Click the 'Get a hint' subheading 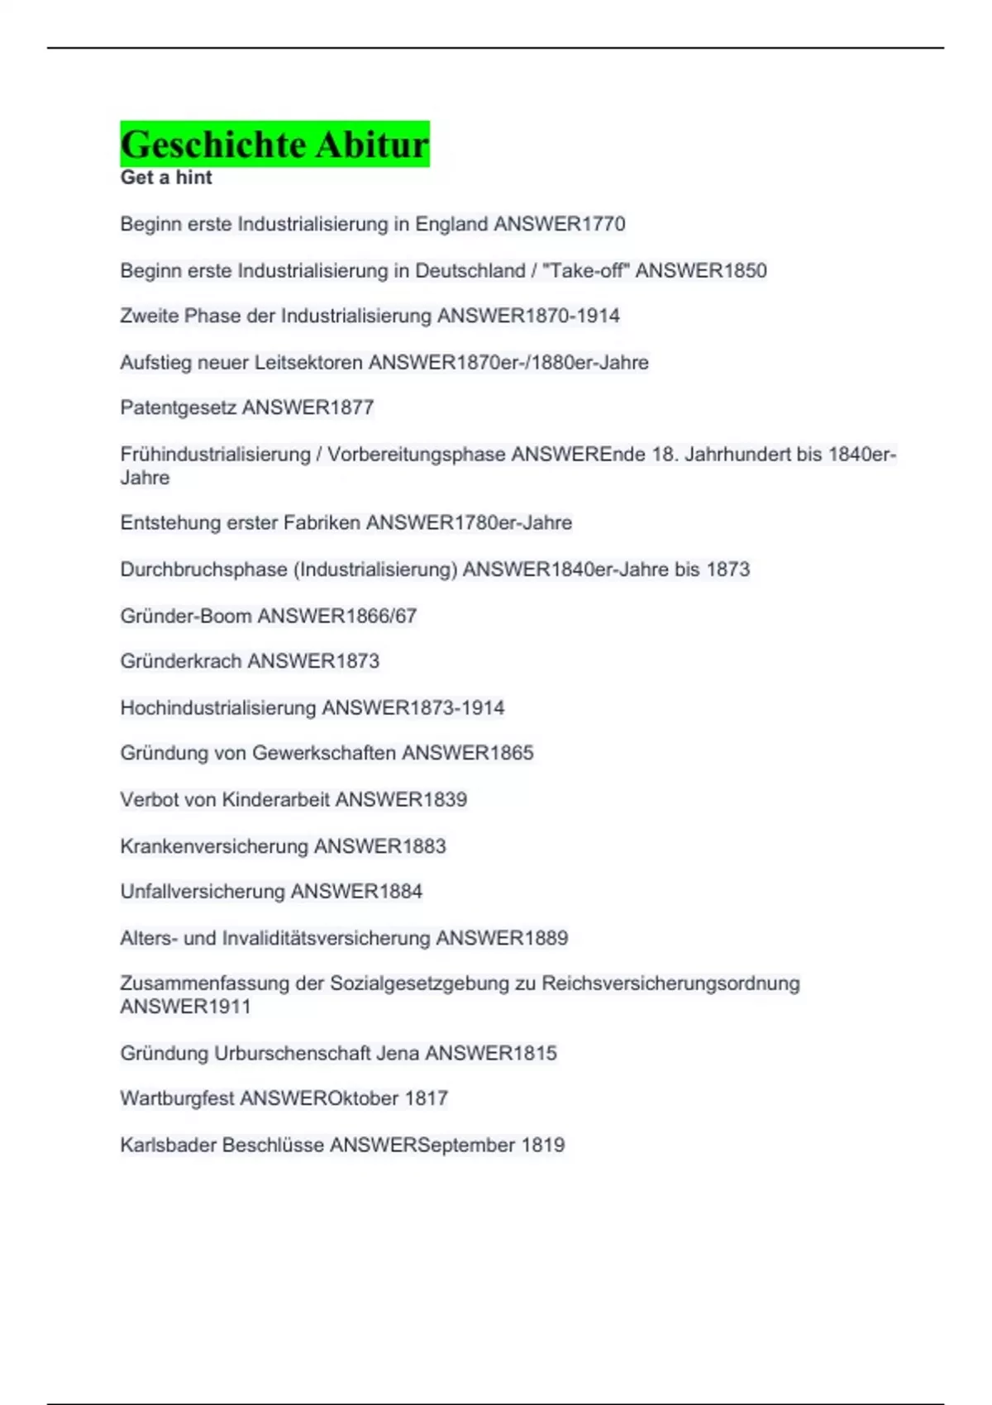(166, 178)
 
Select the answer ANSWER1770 (559, 224)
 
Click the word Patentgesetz (178, 407)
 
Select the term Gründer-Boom (186, 616)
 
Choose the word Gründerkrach (181, 661)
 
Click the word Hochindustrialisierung (218, 708)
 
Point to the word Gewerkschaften (324, 753)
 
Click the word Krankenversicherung (214, 846)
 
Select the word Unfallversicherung (203, 892)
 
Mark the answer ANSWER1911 (185, 1007)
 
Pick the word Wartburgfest (177, 1098)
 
